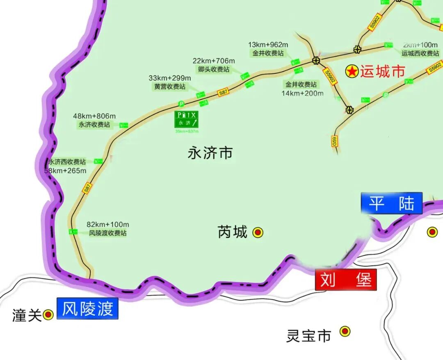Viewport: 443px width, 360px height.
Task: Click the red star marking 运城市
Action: click(352, 72)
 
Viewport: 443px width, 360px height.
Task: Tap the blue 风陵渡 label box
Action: click(87, 309)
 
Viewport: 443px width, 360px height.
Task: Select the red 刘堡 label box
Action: click(345, 280)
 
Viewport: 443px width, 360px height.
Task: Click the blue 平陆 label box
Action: click(391, 203)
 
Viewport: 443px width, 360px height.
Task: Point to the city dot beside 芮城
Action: click(258, 233)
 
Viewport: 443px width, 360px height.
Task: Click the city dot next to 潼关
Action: click(48, 315)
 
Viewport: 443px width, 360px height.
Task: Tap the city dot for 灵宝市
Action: click(345, 331)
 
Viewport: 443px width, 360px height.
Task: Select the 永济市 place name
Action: click(210, 153)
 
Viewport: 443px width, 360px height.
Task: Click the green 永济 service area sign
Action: click(187, 119)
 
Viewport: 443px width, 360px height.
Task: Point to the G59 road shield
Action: click(334, 141)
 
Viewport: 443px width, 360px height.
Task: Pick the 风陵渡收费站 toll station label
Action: click(108, 233)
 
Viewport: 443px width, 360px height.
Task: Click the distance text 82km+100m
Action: click(108, 224)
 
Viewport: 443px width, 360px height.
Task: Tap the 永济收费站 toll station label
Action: click(94, 125)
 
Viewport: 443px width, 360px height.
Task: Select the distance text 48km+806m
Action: click(94, 116)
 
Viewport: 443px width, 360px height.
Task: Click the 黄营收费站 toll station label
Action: click(169, 87)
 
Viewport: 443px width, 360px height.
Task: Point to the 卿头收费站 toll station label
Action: click(214, 69)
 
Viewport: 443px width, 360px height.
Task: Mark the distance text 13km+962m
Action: click(268, 45)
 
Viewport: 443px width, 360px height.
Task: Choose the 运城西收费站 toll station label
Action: click(420, 53)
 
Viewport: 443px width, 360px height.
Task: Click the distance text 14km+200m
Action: click(302, 93)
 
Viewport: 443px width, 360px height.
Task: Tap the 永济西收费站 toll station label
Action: click(68, 162)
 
